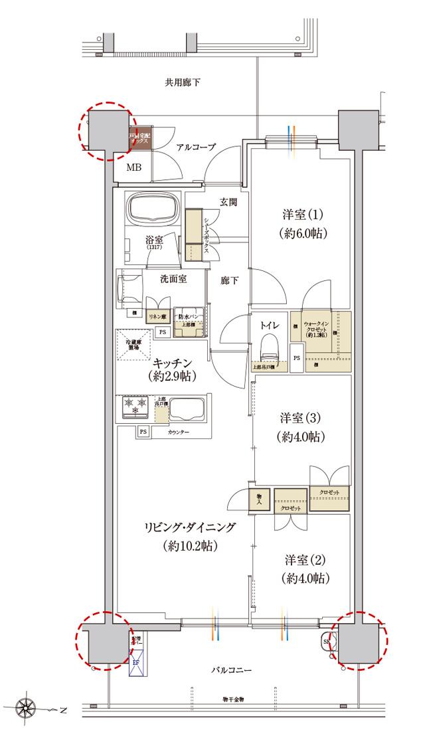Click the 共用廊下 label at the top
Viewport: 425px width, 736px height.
click(x=183, y=83)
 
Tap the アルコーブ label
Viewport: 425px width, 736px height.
click(x=196, y=147)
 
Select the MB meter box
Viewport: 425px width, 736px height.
click(x=134, y=167)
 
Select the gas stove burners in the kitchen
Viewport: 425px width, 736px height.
click(x=136, y=405)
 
